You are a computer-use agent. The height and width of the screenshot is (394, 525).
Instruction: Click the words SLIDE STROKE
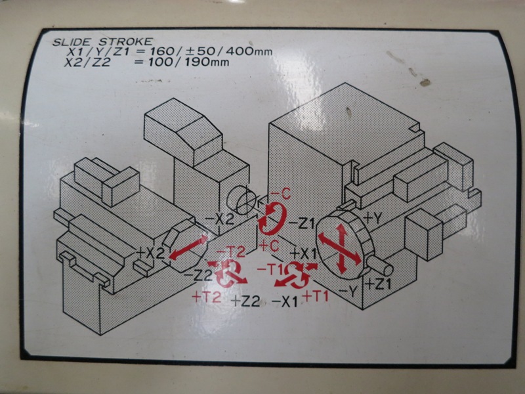(x=102, y=42)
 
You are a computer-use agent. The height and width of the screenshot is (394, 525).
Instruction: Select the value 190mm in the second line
(x=207, y=62)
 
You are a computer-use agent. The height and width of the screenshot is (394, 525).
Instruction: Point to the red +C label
(x=269, y=246)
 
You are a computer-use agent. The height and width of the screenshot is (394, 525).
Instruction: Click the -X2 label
(x=219, y=219)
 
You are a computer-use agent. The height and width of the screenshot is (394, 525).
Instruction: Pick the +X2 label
(x=151, y=253)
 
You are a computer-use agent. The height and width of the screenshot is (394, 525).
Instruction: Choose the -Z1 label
(x=301, y=223)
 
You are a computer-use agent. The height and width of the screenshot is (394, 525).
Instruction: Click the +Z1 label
(x=378, y=284)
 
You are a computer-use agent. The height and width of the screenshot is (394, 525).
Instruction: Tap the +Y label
(x=372, y=219)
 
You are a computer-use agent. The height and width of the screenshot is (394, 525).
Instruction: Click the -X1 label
(x=284, y=302)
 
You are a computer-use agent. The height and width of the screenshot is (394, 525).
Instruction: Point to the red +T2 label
(x=207, y=297)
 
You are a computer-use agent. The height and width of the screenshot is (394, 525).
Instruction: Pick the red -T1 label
(x=270, y=269)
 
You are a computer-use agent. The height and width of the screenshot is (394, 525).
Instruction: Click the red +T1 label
(x=316, y=296)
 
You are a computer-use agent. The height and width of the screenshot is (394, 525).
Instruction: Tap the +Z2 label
(x=246, y=301)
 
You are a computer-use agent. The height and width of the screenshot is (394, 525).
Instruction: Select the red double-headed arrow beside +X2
(x=188, y=248)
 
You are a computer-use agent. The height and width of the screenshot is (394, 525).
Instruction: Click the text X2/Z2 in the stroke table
(x=87, y=62)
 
